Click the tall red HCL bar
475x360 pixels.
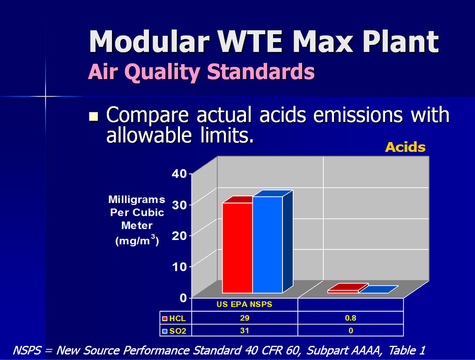click(237, 247)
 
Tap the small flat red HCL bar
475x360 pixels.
click(348, 288)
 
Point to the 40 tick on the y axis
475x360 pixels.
click(179, 173)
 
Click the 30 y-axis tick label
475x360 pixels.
click(179, 205)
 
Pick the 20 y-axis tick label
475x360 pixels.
click(179, 236)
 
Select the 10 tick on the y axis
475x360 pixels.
click(179, 267)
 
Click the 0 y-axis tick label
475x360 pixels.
click(183, 298)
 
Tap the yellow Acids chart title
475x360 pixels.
click(405, 147)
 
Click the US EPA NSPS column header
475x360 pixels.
click(245, 304)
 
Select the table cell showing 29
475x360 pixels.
click(245, 318)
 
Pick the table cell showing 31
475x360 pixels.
click(245, 330)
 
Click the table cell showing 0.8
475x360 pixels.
click(350, 318)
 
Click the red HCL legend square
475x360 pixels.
click(165, 318)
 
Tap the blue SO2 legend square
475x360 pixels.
click(165, 331)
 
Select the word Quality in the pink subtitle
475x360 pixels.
click(162, 73)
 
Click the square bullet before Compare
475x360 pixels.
click(94, 116)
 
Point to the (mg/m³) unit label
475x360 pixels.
click(137, 240)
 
